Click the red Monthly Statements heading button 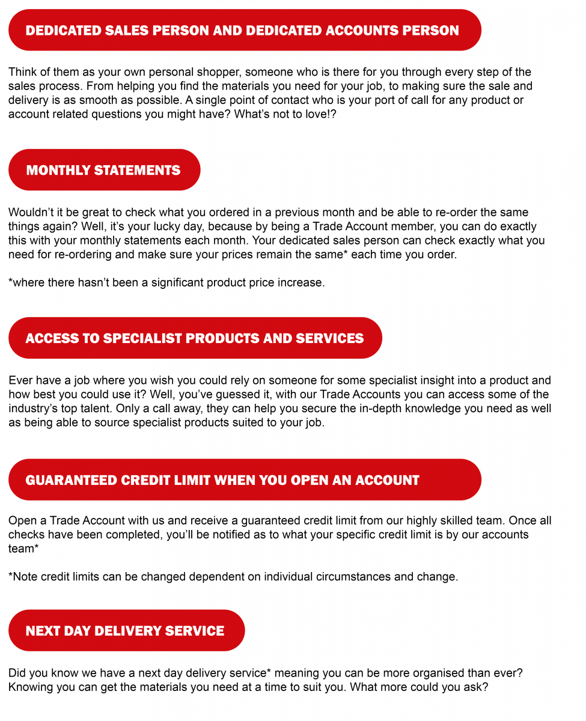point(103,170)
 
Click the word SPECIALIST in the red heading point(143,338)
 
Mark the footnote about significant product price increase point(166,282)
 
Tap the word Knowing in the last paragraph point(30,687)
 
